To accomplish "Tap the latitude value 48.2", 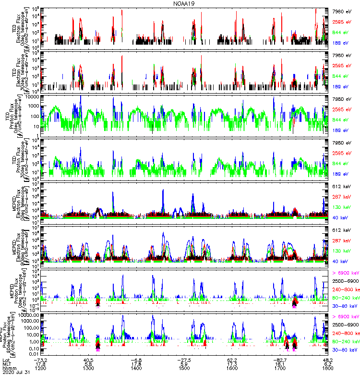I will [328, 360].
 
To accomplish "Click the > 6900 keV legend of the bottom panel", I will [346, 317].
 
